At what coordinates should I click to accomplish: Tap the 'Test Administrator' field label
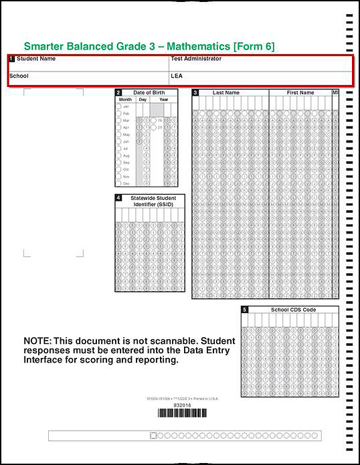pos(196,59)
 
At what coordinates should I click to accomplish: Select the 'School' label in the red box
pos(19,76)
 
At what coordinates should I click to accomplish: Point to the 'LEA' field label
pos(177,76)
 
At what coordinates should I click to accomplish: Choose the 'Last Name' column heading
pos(226,93)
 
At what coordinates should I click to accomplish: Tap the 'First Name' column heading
pos(300,93)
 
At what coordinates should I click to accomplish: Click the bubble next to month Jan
pos(118,106)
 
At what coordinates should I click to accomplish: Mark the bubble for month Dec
pos(118,183)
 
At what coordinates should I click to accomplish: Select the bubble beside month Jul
pos(118,149)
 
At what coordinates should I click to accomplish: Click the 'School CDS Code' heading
pos(293,310)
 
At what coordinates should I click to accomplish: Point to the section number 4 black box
pos(118,198)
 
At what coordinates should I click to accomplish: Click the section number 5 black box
pos(245,310)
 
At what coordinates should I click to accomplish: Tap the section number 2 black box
pos(118,92)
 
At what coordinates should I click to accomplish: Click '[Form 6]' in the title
pos(254,46)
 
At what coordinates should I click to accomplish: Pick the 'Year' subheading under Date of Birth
pos(164,99)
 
